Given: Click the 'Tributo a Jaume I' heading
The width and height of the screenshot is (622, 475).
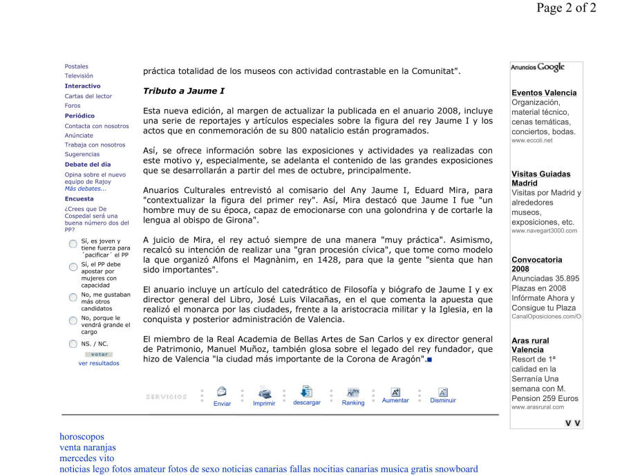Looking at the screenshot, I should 183,91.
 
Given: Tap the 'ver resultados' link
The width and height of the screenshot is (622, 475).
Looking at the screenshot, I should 98,363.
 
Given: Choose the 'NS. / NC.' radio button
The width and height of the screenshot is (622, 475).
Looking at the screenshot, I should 73,344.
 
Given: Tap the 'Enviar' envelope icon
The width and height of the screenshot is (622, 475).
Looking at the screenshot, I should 222,392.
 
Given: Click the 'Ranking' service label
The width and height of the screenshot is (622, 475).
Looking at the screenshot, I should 353,403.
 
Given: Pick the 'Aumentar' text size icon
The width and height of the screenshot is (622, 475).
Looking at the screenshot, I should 395,392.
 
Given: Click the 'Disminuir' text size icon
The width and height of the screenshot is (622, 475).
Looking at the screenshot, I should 443,392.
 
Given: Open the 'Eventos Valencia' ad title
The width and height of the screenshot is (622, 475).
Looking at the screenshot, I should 544,93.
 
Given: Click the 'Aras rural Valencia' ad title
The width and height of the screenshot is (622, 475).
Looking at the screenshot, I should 530,345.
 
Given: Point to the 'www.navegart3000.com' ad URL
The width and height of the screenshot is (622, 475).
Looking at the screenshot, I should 544,231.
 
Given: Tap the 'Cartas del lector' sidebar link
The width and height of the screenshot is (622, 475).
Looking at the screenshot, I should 88,96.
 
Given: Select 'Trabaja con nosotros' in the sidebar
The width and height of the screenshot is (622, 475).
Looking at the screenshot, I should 95,145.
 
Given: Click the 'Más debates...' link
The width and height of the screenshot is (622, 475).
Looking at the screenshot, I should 86,188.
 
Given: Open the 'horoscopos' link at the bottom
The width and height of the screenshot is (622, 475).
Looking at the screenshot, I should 82,436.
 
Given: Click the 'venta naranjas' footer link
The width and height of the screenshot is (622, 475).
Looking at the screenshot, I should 88,447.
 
